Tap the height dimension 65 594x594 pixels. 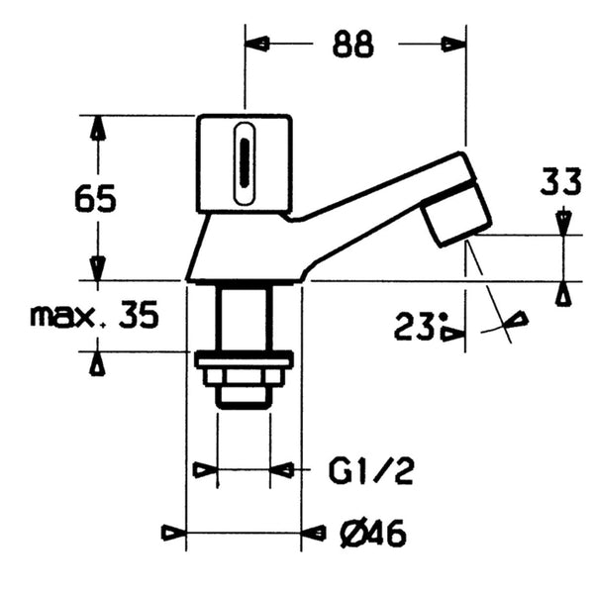point(96,199)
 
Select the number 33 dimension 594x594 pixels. point(562,183)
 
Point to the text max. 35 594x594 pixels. point(94,316)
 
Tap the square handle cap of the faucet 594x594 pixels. point(245,163)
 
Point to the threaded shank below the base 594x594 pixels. point(244,317)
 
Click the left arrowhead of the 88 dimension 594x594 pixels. point(257,45)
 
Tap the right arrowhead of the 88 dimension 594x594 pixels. point(453,45)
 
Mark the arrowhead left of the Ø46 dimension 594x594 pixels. point(173,534)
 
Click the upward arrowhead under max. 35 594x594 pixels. point(97,362)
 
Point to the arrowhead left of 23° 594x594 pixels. point(452,334)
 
